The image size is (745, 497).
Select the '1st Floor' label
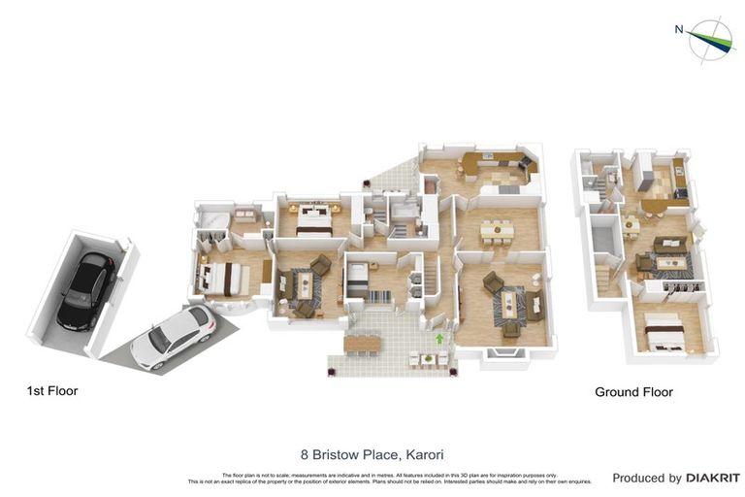point(52,391)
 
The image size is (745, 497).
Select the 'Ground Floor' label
point(633,392)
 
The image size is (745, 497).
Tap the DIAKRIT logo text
point(713,478)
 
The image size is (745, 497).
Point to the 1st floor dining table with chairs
point(497,230)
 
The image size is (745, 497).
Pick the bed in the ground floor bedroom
point(665,331)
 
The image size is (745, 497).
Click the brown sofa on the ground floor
point(669,244)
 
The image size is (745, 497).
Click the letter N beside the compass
point(679,29)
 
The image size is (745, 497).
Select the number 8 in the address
point(305,453)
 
